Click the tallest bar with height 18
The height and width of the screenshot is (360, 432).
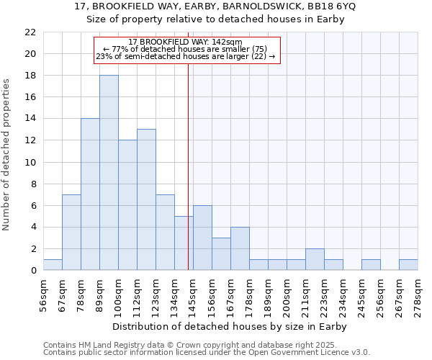coord(109,173)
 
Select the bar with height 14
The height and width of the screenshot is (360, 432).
coord(90,194)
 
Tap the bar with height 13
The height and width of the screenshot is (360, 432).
coord(146,199)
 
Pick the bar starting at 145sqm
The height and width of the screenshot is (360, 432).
coord(202,238)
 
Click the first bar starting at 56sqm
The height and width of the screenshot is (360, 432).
coord(53,265)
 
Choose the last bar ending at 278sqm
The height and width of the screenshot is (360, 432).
coord(408,265)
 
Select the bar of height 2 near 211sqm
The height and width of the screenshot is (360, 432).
coord(315,259)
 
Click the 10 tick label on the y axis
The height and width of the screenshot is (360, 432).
coord(30,162)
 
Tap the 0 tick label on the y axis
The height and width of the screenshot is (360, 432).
coord(33,271)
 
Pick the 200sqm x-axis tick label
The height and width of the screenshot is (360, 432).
coord(287,295)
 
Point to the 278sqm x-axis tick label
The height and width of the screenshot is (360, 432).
coord(418,295)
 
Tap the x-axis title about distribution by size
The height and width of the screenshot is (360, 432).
coord(230,326)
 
